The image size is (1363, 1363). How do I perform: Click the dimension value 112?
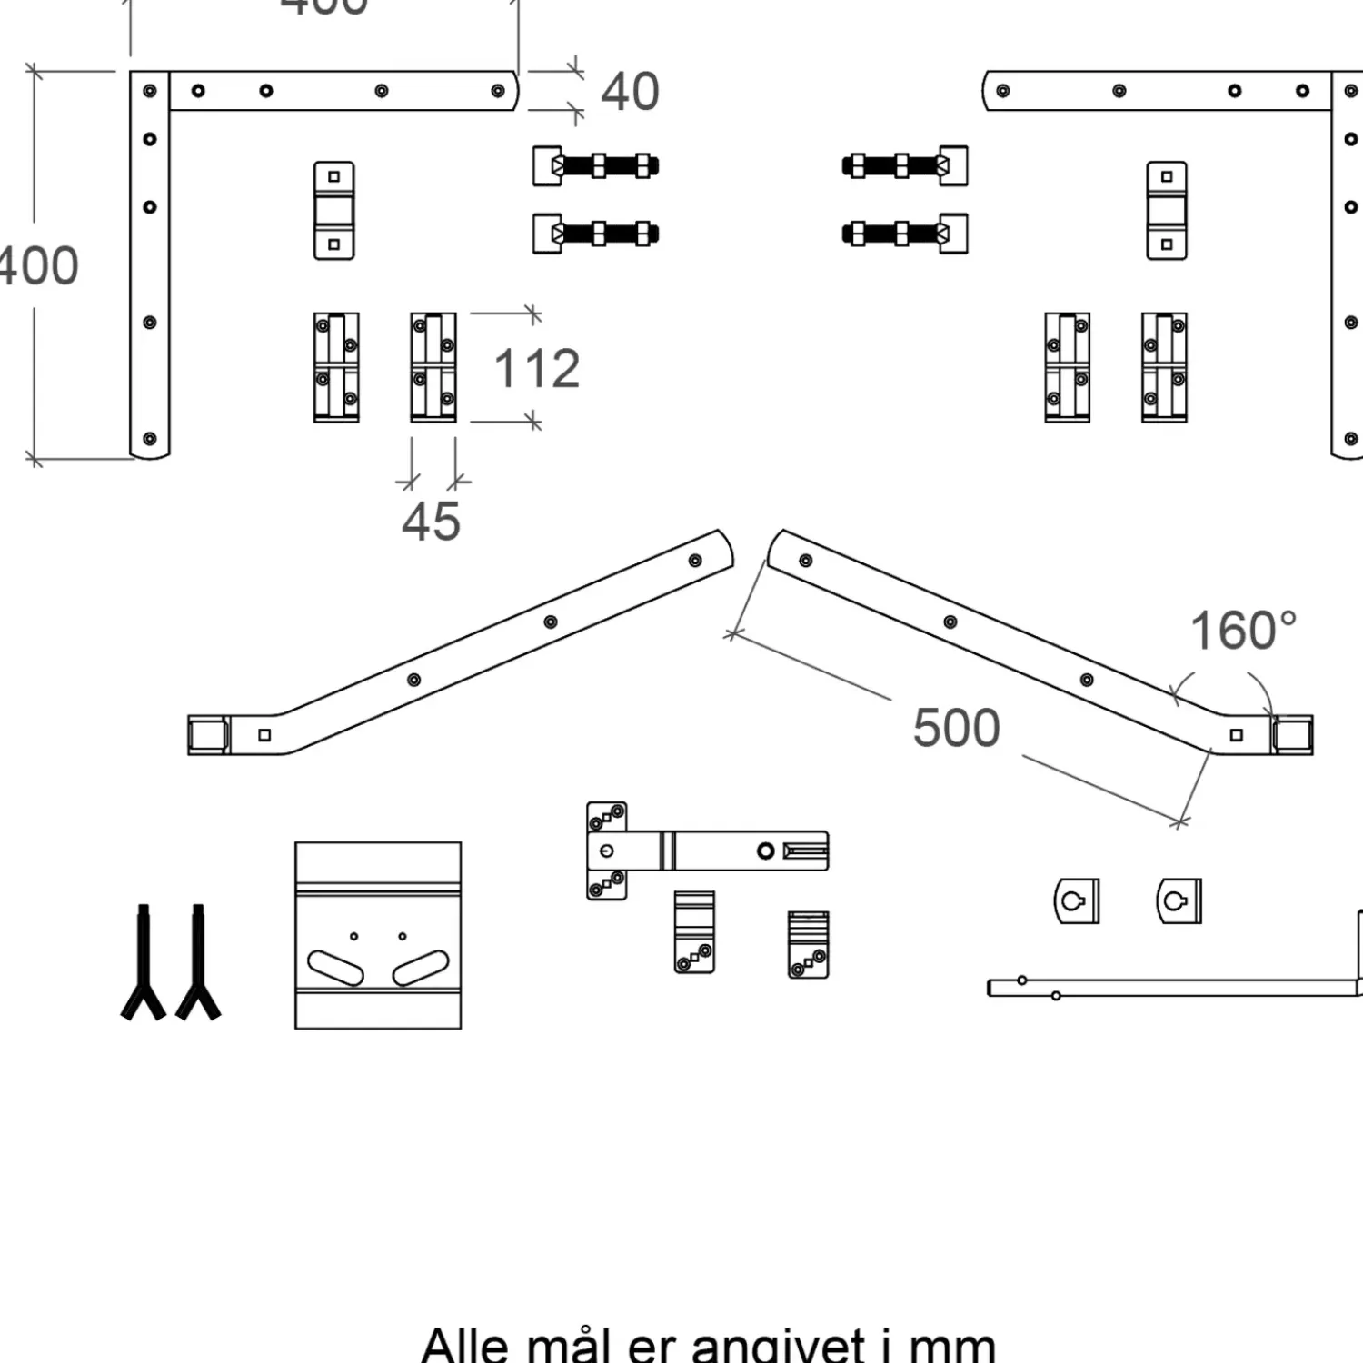[x=536, y=369]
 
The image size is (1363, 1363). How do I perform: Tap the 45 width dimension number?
[x=431, y=522]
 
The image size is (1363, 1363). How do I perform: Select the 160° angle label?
[x=1243, y=631]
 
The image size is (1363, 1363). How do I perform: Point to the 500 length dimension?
[x=956, y=728]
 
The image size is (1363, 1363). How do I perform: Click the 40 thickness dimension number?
[x=630, y=92]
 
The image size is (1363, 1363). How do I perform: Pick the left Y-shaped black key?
[x=144, y=963]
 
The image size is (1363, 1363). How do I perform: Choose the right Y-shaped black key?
[x=198, y=963]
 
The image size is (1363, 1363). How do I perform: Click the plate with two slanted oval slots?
[x=378, y=935]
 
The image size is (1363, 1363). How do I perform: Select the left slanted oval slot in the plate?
[x=335, y=967]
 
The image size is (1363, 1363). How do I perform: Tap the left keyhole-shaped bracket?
[x=1076, y=900]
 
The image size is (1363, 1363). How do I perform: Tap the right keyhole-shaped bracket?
[x=1179, y=900]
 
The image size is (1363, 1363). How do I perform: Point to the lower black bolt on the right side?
[x=904, y=234]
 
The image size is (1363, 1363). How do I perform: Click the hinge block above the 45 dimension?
[x=433, y=367]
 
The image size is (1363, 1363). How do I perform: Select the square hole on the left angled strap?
[x=264, y=735]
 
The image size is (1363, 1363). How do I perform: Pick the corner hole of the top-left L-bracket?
[x=150, y=91]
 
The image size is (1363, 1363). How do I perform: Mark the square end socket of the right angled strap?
[x=1292, y=734]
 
